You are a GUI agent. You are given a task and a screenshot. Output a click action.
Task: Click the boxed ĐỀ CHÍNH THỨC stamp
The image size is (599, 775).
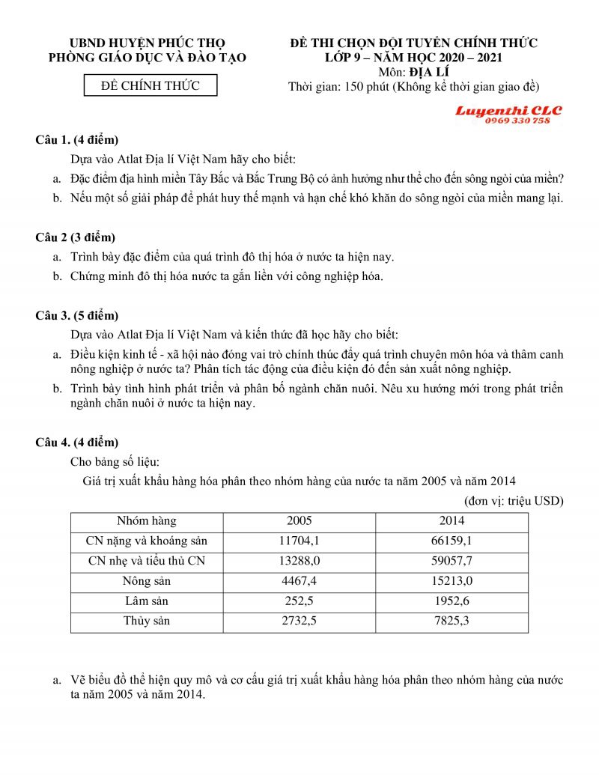pyautogui.click(x=150, y=85)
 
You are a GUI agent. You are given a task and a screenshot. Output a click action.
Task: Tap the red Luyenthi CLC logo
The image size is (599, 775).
pyautogui.click(x=508, y=111)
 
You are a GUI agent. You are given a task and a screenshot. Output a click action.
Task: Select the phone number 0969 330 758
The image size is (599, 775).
pyautogui.click(x=517, y=121)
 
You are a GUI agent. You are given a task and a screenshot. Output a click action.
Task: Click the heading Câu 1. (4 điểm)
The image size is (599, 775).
pyautogui.click(x=77, y=140)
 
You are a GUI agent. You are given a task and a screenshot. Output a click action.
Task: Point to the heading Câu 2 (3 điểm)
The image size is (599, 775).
pyautogui.click(x=75, y=237)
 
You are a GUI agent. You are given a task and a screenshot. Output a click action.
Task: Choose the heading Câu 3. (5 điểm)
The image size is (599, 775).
pyautogui.click(x=77, y=315)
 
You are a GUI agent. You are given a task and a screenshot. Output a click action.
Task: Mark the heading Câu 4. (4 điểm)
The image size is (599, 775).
pyautogui.click(x=77, y=442)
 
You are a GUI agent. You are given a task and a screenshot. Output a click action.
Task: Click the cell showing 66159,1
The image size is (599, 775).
pyautogui.click(x=451, y=541)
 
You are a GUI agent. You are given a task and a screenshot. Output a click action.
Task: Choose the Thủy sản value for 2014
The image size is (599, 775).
pyautogui.click(x=451, y=621)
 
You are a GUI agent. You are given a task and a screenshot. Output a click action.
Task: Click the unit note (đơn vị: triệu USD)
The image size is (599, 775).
pyautogui.click(x=514, y=500)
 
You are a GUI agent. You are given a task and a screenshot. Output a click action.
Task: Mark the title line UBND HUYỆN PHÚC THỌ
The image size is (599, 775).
pyautogui.click(x=147, y=43)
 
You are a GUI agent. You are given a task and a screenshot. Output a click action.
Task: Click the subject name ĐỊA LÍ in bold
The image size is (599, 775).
pyautogui.click(x=425, y=72)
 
